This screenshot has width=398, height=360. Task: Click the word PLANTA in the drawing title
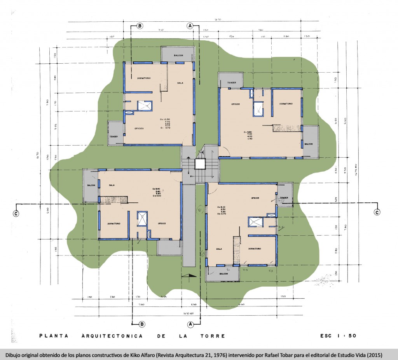tap(52, 336)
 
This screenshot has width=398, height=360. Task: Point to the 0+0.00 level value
tap(157, 196)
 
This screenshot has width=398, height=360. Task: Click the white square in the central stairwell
tap(200, 164)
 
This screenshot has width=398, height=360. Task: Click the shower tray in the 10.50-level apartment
tap(144, 106)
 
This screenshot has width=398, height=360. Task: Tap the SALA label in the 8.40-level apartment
tap(112, 185)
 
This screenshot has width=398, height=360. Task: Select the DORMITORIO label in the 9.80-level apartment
tap(285, 104)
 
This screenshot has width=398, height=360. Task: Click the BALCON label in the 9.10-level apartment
tap(223, 273)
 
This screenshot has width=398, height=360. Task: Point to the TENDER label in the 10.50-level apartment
tap(113, 136)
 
